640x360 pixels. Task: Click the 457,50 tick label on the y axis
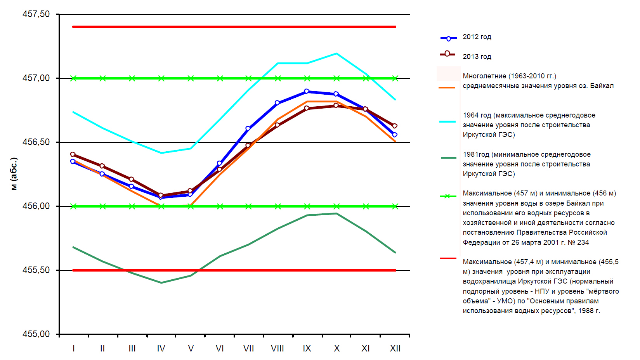pos(36,14)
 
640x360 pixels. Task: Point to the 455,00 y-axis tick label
pos(36,334)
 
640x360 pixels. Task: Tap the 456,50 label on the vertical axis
pos(36,142)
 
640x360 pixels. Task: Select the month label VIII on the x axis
pos(278,348)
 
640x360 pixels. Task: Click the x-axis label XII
pos(395,348)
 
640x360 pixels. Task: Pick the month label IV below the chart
pos(161,348)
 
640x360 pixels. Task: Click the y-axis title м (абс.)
pos(14,174)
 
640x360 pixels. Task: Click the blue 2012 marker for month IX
pos(307,92)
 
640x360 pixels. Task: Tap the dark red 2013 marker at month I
pos(73,154)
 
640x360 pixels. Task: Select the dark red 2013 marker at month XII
pos(395,126)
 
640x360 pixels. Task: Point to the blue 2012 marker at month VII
pos(248,128)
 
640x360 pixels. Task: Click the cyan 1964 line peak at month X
pos(336,54)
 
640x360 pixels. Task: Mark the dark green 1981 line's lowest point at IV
pos(161,283)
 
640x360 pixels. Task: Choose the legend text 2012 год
pos(477,37)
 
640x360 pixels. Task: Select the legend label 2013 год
pos(477,57)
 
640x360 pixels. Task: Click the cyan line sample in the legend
pos(447,121)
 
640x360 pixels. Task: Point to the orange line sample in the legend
pos(446,88)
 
